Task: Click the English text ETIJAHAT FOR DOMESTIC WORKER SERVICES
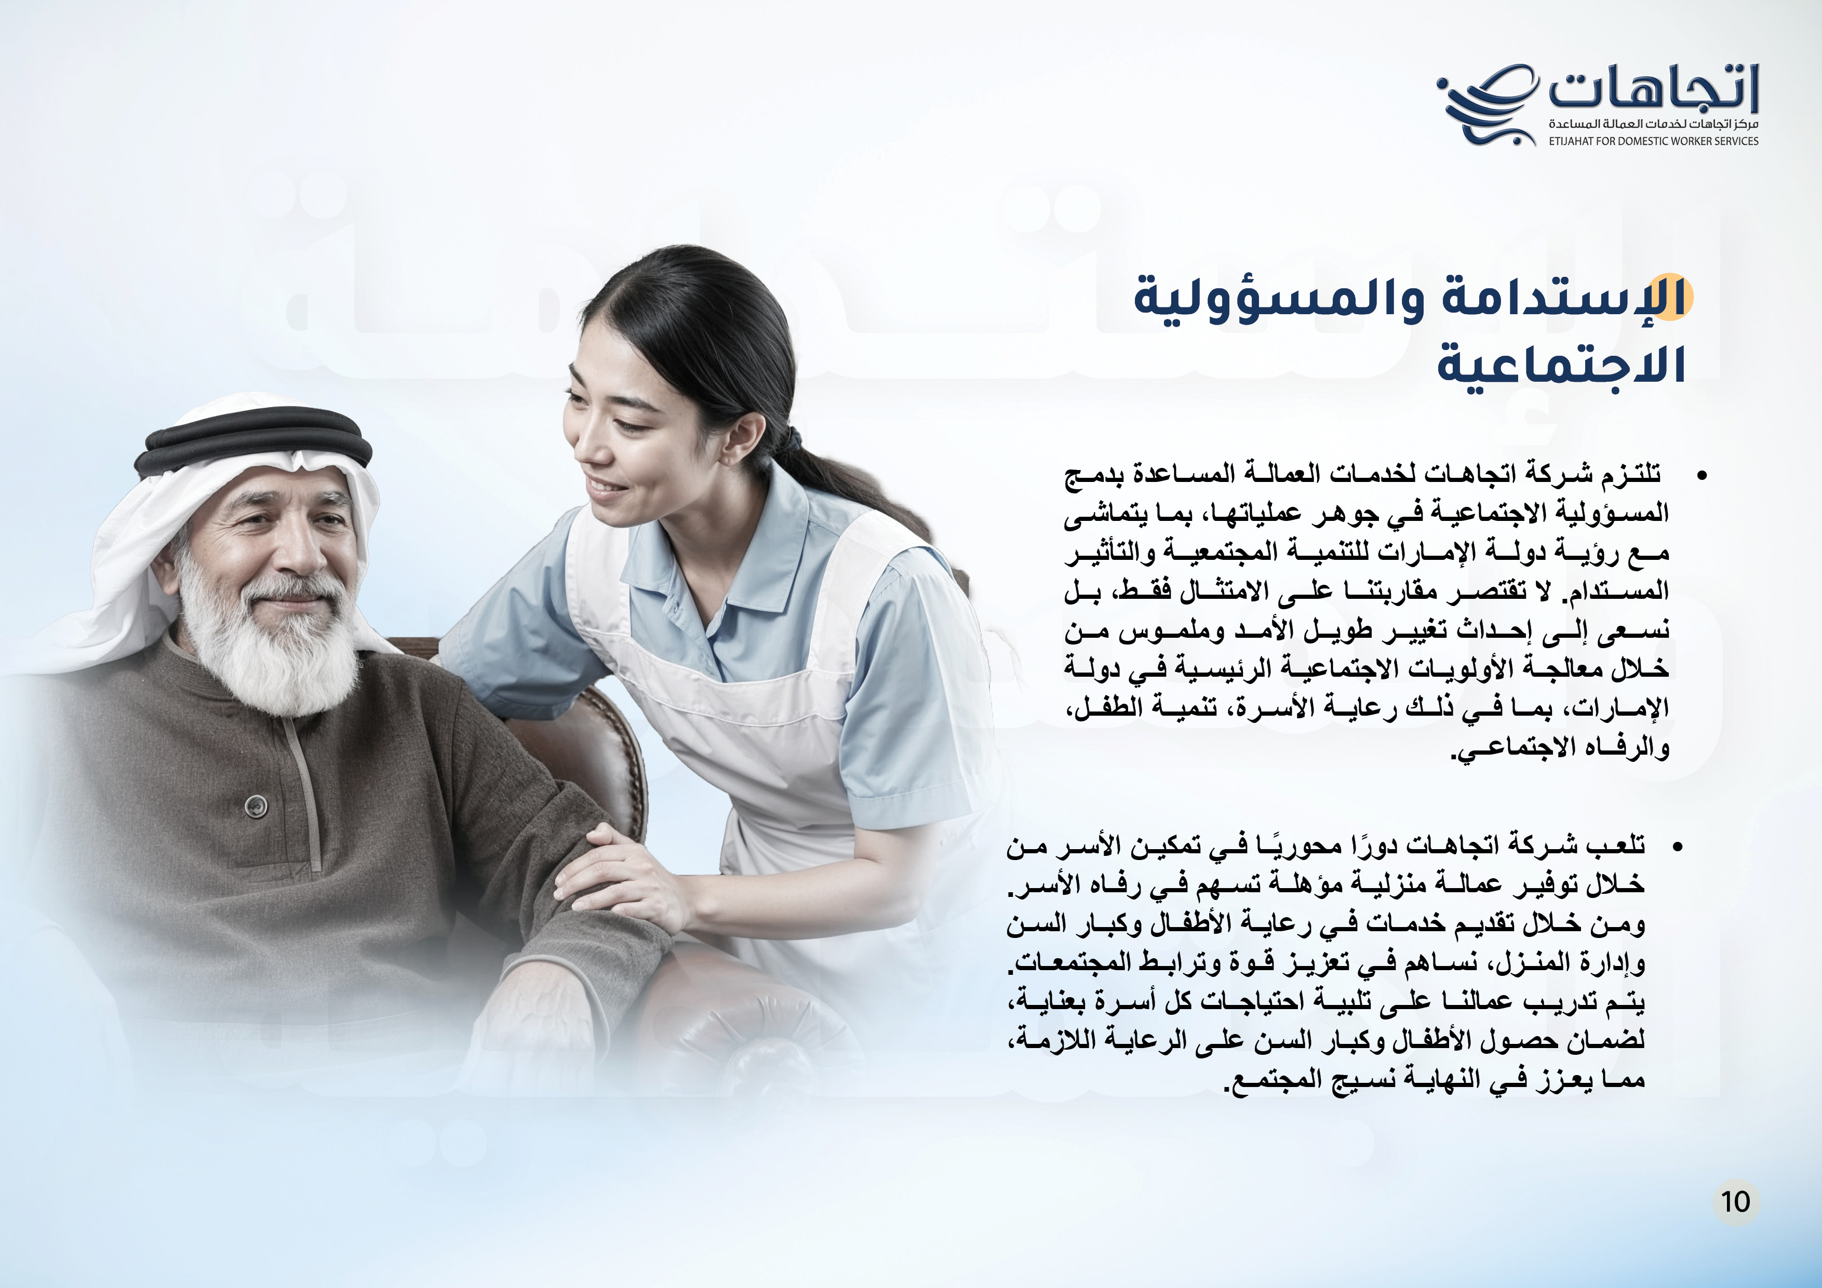click(x=1654, y=141)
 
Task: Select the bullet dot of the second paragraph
click(x=1677, y=847)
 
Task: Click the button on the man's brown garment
click(x=254, y=806)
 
